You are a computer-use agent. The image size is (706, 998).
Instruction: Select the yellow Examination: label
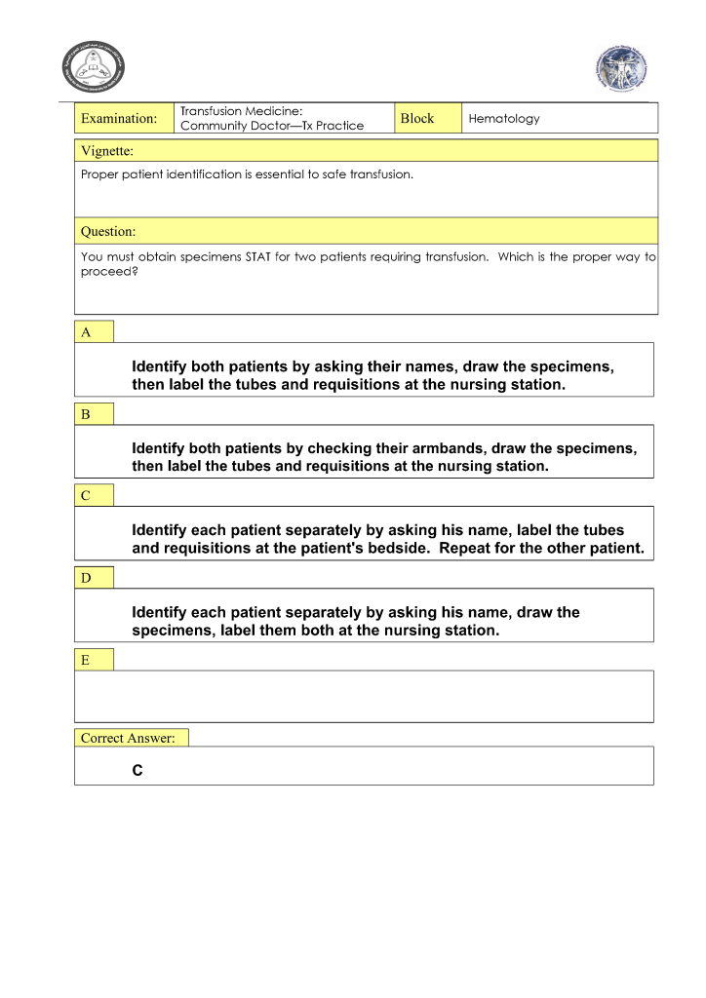point(119,118)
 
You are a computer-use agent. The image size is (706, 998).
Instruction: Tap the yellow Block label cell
point(416,118)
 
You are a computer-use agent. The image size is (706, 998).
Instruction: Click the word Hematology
point(503,118)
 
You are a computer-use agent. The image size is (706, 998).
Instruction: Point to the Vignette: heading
point(107,151)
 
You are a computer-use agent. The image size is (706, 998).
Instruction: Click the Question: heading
point(108,232)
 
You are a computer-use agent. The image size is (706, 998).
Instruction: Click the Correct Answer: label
point(128,738)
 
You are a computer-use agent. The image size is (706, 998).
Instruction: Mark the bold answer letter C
point(137,771)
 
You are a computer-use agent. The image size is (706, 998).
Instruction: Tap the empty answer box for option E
point(364,696)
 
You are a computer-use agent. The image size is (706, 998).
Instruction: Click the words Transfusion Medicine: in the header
point(242,111)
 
